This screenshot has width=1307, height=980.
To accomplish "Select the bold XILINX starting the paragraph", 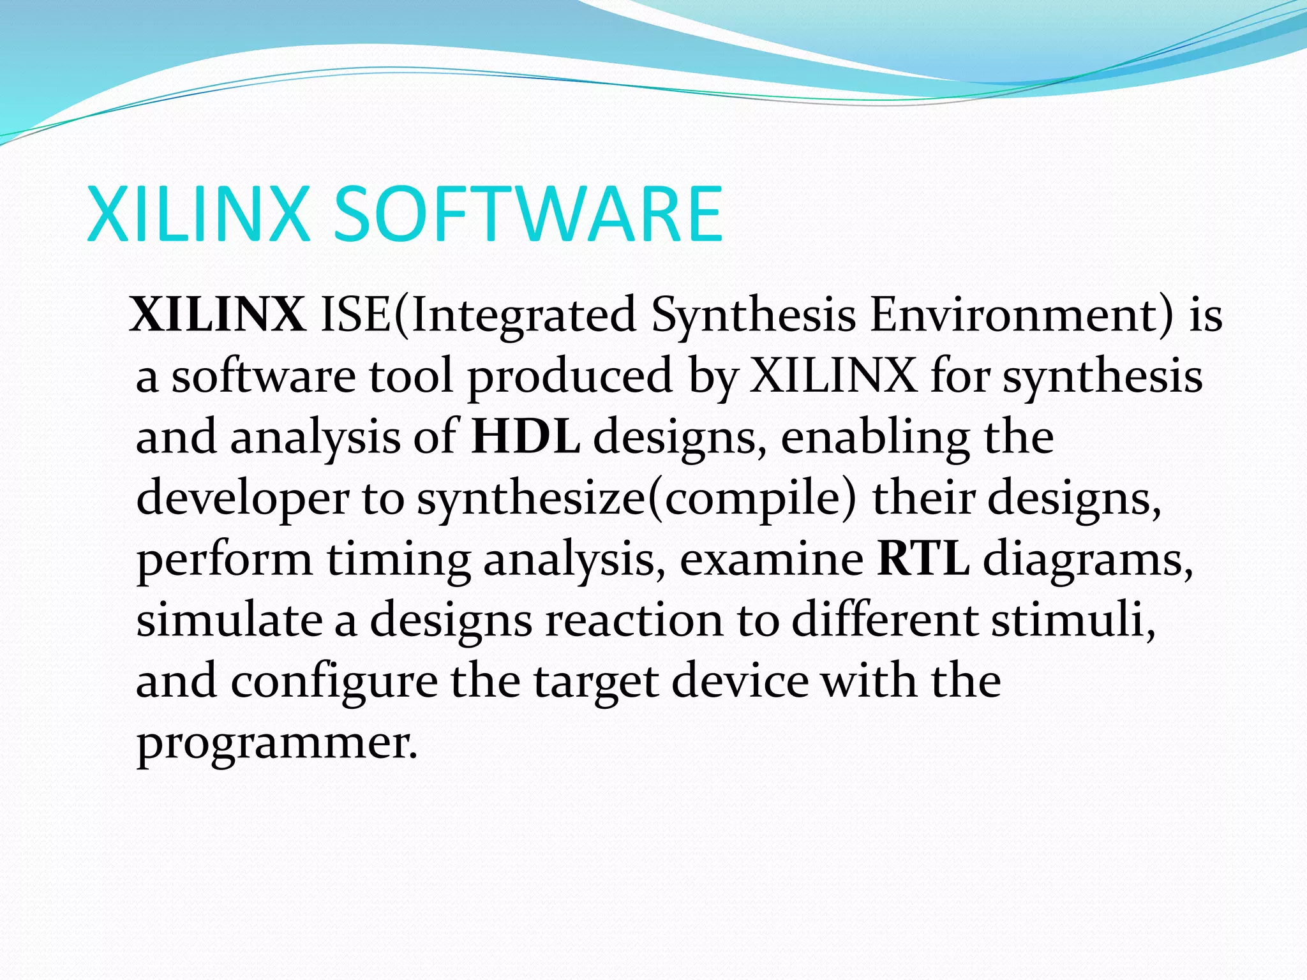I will point(218,315).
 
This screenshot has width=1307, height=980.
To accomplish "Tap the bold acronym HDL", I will point(525,437).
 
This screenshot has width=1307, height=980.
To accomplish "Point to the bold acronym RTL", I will point(923,560).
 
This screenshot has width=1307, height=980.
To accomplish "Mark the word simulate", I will point(229,620).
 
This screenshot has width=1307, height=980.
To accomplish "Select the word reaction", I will point(634,620).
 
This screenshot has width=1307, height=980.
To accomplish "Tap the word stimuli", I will point(1073,620).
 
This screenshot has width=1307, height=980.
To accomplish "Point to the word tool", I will point(411,376).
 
